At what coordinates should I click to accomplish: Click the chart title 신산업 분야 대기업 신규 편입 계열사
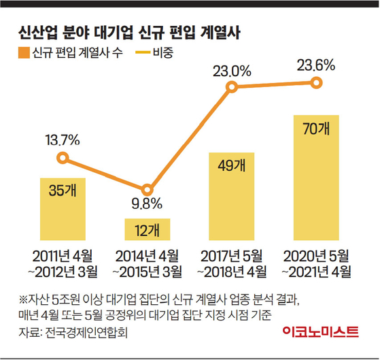[x=129, y=32]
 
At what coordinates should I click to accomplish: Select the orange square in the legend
[x=24, y=52]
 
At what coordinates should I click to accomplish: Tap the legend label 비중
[x=163, y=52]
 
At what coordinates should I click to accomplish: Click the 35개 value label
[x=63, y=191]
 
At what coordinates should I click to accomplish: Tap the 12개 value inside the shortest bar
[x=148, y=230]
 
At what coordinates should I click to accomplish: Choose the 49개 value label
[x=232, y=165]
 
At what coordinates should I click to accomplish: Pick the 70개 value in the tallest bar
[x=316, y=129]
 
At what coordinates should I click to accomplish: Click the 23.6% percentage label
[x=316, y=65]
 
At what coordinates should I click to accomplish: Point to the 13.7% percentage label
[x=63, y=140]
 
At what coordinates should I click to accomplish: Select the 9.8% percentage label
[x=147, y=203]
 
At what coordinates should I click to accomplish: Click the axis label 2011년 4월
[x=63, y=256]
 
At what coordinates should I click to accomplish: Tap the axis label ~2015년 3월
[x=148, y=272]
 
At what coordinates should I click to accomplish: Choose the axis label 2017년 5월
[x=232, y=256]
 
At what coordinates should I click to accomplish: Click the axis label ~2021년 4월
[x=316, y=272]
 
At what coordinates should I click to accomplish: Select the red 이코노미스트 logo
[x=320, y=332]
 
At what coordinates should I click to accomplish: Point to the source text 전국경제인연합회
[x=86, y=332]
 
